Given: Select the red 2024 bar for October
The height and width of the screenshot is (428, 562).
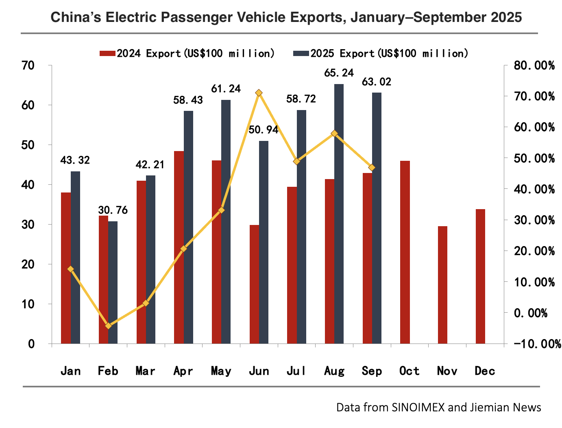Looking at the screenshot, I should point(405,252).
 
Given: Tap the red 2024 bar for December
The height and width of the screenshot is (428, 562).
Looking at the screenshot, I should point(480,276).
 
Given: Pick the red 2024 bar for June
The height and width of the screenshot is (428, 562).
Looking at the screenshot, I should point(254,284).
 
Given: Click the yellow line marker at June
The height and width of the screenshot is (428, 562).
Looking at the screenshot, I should point(259,93).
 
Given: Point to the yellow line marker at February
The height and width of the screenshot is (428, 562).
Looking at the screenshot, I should point(108,326).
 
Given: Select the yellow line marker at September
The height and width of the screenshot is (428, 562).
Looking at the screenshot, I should point(372,167).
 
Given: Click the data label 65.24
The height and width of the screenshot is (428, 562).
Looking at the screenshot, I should point(339,73).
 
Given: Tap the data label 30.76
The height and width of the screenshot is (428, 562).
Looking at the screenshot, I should point(113,210).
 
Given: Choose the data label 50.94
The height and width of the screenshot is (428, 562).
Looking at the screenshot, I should point(264,130).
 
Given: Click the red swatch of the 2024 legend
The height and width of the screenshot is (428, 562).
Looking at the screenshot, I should point(108,54).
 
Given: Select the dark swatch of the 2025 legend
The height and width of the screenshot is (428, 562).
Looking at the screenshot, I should point(301,54).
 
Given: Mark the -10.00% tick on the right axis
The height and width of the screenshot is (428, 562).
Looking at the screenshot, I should point(537,344).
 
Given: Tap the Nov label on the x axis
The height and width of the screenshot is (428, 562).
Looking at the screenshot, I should point(447,371).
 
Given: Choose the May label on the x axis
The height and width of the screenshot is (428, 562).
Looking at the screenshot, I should point(221,371).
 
